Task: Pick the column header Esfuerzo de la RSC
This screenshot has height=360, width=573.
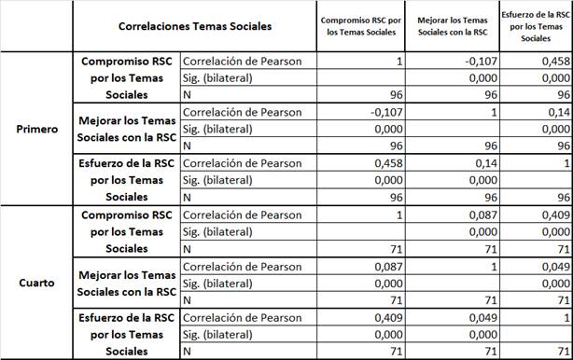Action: click(536, 26)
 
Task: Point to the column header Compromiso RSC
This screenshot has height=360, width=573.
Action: click(362, 25)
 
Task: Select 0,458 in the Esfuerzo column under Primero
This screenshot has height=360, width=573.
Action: click(551, 62)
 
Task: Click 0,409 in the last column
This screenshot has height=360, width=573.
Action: click(551, 215)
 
